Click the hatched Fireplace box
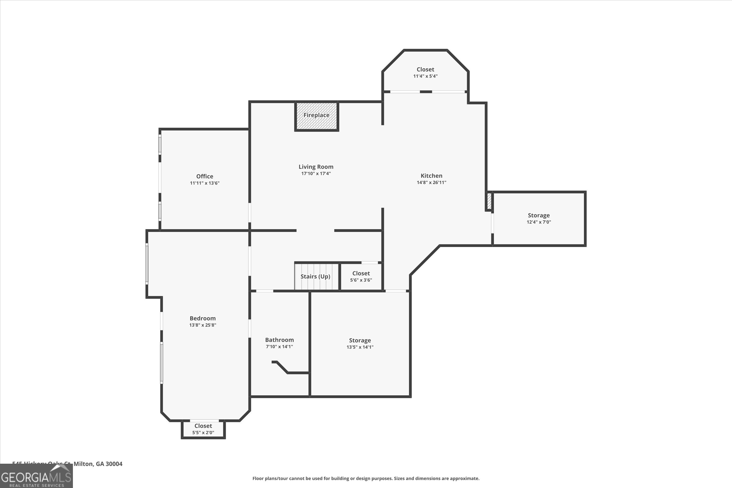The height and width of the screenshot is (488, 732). [x=316, y=116]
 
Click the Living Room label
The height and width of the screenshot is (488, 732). [x=316, y=167]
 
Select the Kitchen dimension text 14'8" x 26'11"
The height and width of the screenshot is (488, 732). [x=431, y=182]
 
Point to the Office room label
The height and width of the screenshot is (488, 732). [x=204, y=176]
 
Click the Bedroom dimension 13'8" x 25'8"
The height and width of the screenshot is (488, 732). [x=203, y=325]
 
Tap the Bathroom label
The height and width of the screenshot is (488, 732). [x=279, y=340]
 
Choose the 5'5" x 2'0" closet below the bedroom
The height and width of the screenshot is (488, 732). [x=203, y=429]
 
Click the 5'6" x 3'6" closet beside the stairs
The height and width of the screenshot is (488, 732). [x=361, y=276]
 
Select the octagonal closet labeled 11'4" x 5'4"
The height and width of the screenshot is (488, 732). [x=425, y=73]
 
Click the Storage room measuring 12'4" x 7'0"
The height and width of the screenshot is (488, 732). [x=539, y=218]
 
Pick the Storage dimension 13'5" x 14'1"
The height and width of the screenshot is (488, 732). [x=360, y=347]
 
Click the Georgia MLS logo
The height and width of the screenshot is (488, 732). [x=36, y=476]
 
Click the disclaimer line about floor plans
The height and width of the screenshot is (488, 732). [x=366, y=478]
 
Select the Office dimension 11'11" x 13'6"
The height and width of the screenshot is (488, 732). [x=204, y=183]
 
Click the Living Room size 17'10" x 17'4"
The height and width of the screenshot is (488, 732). [x=316, y=174]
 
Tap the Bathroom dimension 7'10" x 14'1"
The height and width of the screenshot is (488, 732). [x=279, y=346]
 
